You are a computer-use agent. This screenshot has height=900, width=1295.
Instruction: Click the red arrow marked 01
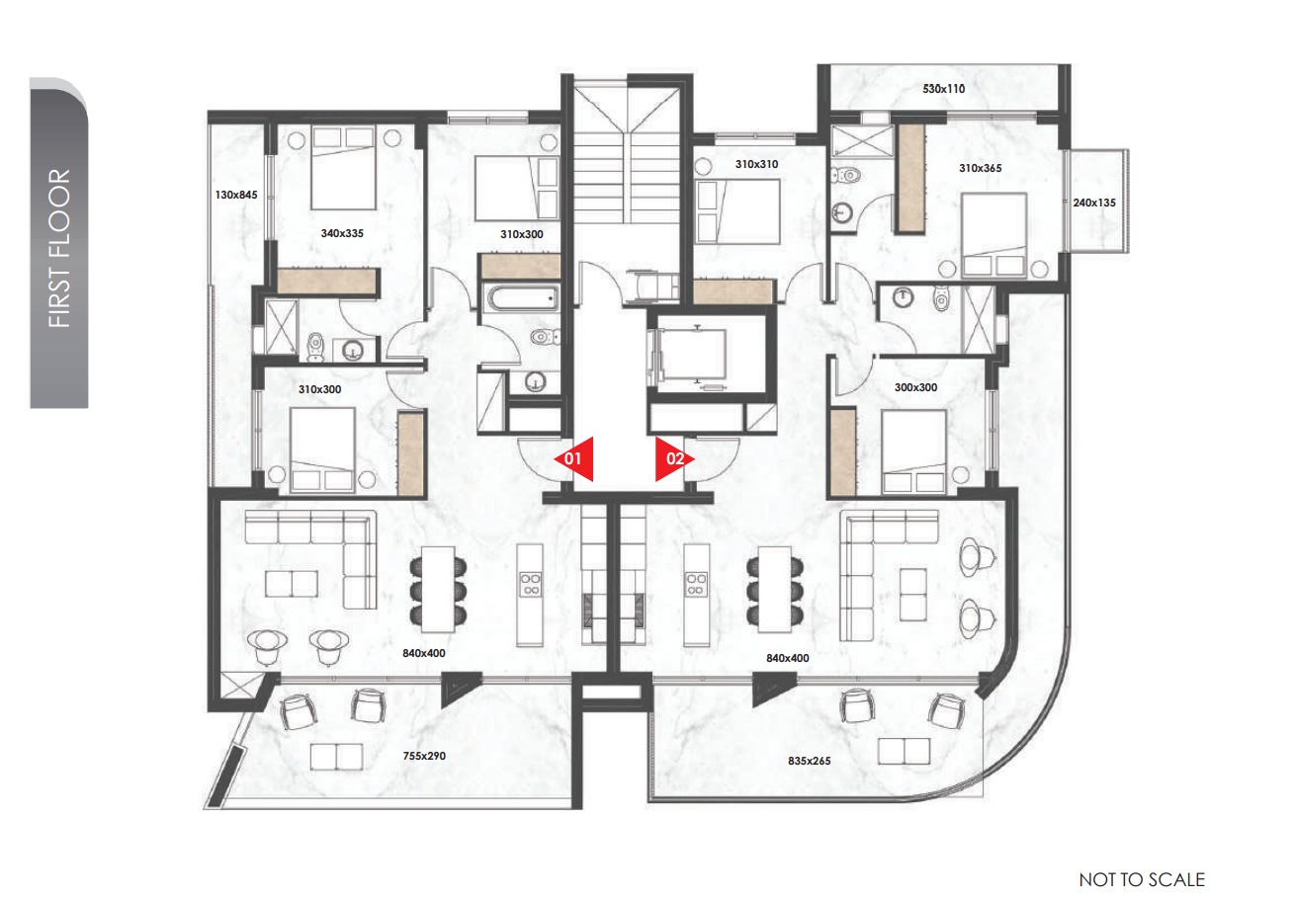574,458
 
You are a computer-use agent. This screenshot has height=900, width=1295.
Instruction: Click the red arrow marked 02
673,458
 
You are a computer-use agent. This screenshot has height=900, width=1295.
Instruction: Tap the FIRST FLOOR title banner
59,243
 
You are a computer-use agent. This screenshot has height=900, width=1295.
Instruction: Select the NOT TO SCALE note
1142,879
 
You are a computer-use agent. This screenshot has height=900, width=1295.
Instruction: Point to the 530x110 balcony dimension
943,89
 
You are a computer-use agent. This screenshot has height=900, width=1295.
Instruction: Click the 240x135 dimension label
1094,203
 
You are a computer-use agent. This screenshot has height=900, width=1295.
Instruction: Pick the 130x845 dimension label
236,195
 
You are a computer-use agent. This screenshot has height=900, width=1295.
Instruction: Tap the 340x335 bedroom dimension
342,233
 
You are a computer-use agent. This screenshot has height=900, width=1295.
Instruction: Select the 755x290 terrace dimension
424,756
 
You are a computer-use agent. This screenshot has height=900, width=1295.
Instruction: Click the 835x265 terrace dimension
810,761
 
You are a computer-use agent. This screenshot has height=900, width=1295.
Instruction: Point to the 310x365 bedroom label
981,168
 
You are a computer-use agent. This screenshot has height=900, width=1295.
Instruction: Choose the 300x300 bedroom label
915,387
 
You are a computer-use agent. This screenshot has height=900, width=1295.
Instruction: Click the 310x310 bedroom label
757,164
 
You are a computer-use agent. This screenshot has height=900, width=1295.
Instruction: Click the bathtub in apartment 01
523,298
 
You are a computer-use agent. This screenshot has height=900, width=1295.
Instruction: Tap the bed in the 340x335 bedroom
343,168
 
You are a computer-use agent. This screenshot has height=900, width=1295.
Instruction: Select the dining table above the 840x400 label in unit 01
438,589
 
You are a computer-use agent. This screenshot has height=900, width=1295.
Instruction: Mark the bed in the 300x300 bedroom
914,451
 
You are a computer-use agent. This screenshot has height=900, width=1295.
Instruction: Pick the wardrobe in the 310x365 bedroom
911,179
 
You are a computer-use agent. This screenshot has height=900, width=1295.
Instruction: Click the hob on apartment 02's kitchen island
696,584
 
